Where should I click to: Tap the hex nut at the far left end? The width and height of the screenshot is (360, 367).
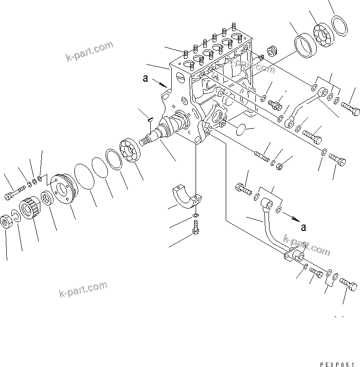tap(7, 221)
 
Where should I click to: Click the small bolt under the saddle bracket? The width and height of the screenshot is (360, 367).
tap(196, 227)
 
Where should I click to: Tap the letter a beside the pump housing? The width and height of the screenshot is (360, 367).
tap(145, 77)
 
